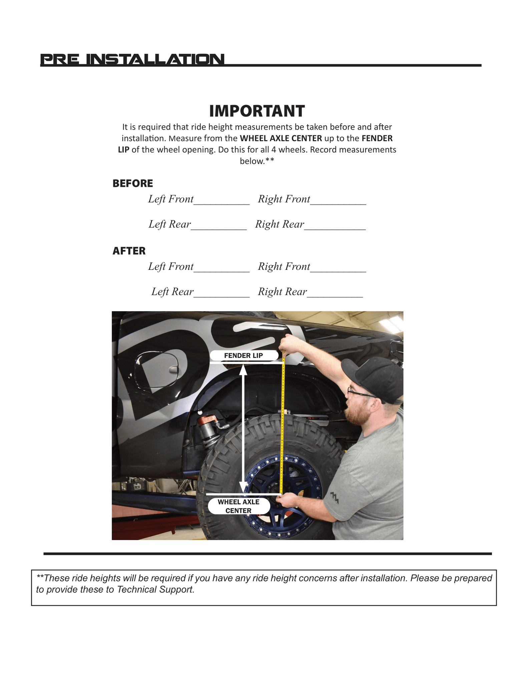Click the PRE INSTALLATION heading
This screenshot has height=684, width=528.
click(132, 59)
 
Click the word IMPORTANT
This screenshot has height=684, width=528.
click(257, 111)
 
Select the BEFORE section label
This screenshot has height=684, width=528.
click(133, 183)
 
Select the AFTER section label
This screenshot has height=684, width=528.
click(129, 251)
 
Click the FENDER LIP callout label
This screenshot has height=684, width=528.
click(244, 356)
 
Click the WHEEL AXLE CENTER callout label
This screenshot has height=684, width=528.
click(239, 506)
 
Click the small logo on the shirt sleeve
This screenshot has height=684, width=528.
click(335, 497)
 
